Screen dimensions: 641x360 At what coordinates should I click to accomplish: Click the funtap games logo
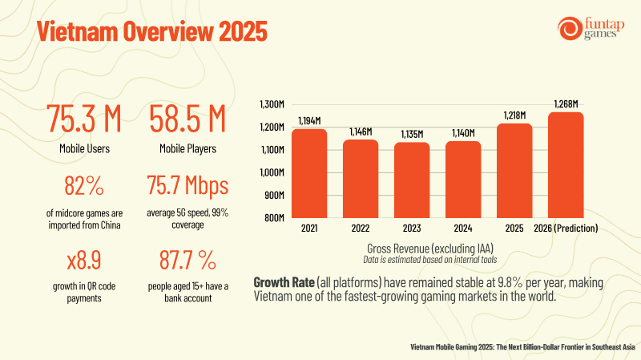(x=591, y=29)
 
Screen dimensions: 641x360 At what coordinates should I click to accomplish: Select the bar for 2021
(x=309, y=173)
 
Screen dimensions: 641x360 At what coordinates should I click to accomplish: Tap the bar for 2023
(x=412, y=180)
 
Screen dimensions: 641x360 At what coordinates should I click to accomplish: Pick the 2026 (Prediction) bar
(x=566, y=165)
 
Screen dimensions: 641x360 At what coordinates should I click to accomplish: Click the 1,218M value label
(x=514, y=115)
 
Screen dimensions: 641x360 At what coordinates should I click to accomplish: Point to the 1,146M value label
(x=361, y=131)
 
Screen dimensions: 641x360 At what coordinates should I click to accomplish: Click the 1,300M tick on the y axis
(x=272, y=104)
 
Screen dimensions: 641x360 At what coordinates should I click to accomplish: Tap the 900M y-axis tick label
(x=274, y=195)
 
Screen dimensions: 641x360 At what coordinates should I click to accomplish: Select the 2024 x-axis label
(x=463, y=229)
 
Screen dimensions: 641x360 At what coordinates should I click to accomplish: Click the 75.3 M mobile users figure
(x=84, y=119)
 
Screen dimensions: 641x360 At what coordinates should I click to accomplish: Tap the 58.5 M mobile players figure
(x=187, y=119)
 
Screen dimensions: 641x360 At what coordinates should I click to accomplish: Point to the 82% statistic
(x=84, y=185)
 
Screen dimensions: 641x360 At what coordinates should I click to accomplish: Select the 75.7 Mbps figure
(x=187, y=185)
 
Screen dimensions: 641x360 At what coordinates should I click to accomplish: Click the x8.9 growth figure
(x=84, y=261)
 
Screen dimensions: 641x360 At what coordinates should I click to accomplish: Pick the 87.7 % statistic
(x=187, y=261)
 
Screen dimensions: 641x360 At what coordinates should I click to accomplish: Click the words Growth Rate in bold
(x=284, y=282)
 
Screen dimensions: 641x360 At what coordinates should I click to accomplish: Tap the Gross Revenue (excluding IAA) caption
(x=430, y=249)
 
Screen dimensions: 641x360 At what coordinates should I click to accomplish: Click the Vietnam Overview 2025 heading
(x=152, y=31)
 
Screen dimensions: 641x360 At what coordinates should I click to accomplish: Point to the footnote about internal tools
(x=430, y=260)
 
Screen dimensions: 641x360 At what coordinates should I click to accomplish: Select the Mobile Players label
(x=187, y=149)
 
